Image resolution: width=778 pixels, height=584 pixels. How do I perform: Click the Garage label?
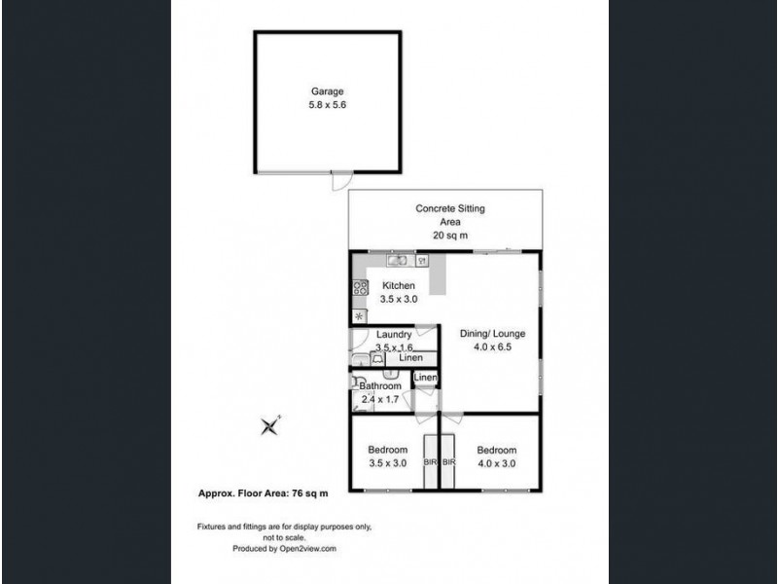315,91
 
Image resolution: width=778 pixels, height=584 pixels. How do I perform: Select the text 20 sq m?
450,236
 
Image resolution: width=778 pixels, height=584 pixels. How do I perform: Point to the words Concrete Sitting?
450,209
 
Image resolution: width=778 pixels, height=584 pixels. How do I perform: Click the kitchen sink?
398,261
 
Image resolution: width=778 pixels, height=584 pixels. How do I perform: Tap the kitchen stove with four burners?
360,287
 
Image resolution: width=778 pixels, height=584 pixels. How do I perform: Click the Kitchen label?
399,286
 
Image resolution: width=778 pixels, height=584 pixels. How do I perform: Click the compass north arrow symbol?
269,425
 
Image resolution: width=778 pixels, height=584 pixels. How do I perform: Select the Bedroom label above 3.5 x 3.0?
387,450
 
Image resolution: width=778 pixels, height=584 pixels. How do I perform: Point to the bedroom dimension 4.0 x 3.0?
496,463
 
